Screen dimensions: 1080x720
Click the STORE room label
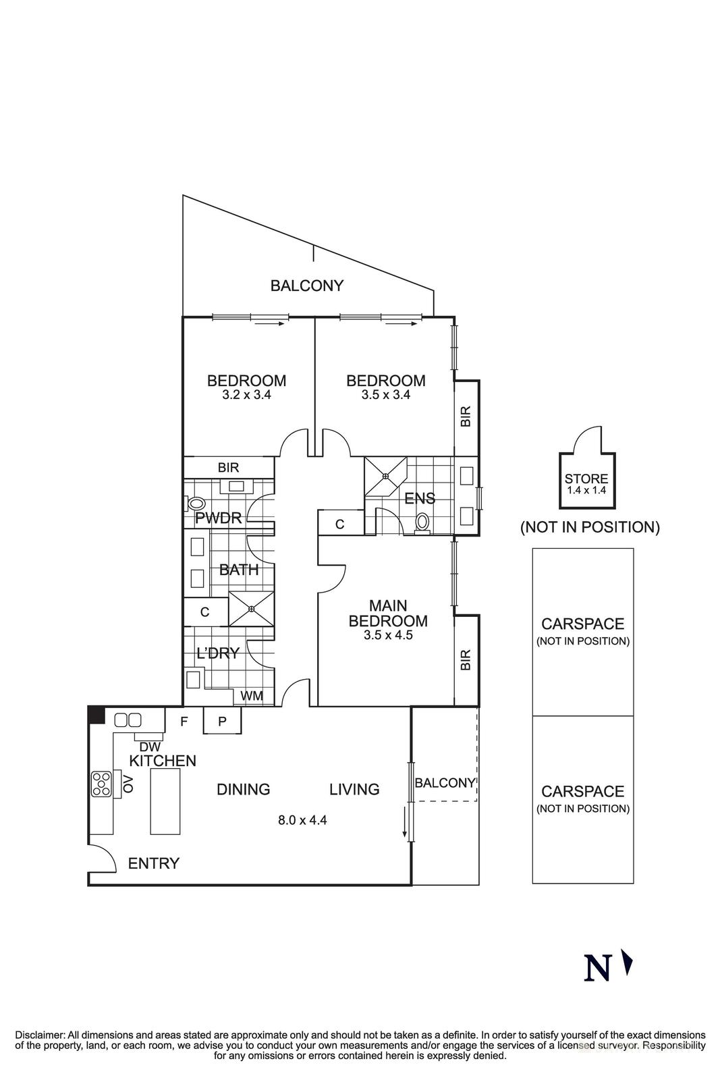click(x=586, y=479)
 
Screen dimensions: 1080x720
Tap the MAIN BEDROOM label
click(x=388, y=613)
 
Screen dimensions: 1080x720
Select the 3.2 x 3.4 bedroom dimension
click(x=246, y=395)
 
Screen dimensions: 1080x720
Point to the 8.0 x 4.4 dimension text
click(x=302, y=821)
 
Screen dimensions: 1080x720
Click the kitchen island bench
click(x=165, y=802)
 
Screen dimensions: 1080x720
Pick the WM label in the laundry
click(x=252, y=696)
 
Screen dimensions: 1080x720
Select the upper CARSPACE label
click(x=582, y=624)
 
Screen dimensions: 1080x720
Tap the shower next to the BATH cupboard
click(x=251, y=608)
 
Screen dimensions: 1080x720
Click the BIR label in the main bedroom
click(x=465, y=659)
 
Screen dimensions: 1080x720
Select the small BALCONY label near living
click(x=445, y=783)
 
